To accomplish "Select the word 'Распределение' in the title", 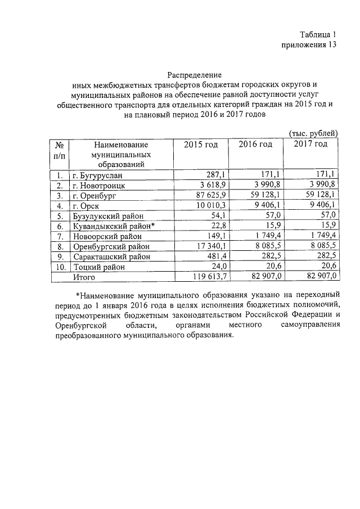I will pos(195,74).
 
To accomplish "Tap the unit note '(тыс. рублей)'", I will pos(313,133).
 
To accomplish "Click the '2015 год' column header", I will pos(201,145).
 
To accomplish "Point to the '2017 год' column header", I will pos(310,145).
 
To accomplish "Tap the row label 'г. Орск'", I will pos(86,205).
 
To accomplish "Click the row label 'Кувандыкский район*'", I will pos(112,226).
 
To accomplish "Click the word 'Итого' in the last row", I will pos(84,277).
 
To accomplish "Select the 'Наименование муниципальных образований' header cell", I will pos(120,154).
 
